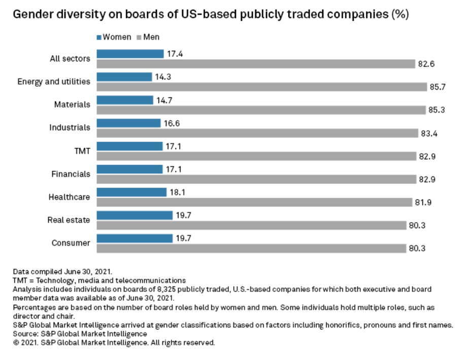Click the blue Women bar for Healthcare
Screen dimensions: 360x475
pos(131,192)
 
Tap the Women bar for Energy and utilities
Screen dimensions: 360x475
pos(124,77)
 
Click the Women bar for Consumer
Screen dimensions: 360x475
pos(134,238)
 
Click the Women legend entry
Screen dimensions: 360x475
pos(114,37)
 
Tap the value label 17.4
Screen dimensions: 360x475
pos(175,53)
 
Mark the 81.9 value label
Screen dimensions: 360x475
pos(423,202)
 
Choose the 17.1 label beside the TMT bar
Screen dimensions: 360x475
pos(173,146)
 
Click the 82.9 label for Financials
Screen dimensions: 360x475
pos(427,179)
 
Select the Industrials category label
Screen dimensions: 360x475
pos(70,127)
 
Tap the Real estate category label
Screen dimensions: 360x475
pos(69,220)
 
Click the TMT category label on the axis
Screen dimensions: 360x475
pos(82,151)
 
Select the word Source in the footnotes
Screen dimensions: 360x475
pos(25,334)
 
